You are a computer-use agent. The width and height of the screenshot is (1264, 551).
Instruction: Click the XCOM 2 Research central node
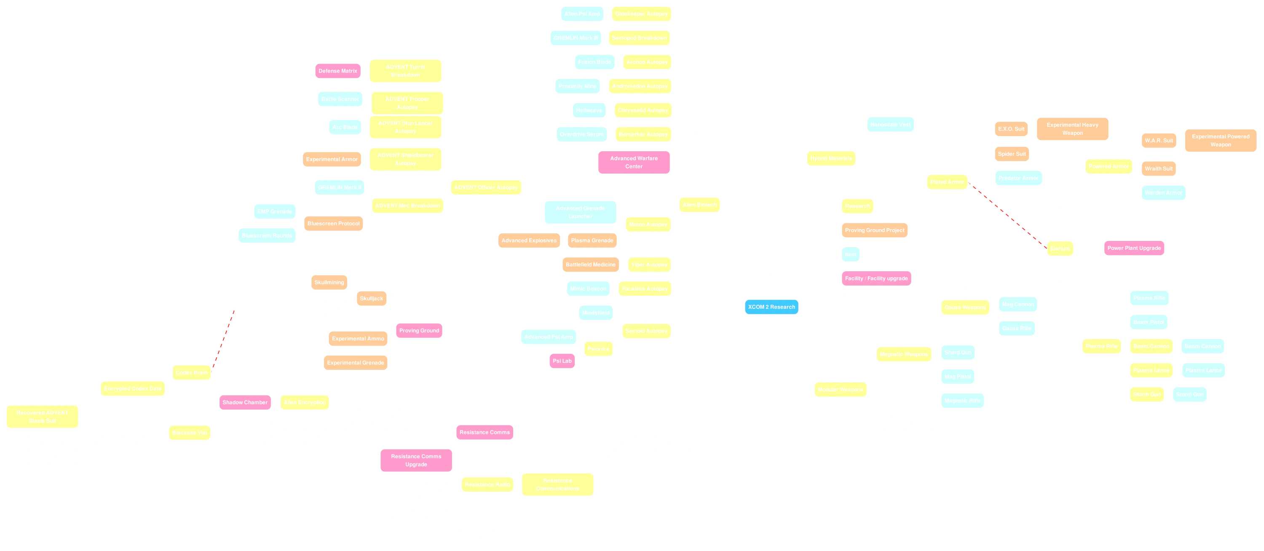coord(771,307)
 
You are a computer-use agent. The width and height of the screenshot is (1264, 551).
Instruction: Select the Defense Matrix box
coord(337,71)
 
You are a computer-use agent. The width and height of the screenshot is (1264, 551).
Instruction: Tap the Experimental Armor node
coord(332,160)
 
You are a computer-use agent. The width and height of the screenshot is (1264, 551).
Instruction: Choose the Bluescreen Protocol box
coord(334,224)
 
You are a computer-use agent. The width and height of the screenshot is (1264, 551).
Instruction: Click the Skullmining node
coord(329,283)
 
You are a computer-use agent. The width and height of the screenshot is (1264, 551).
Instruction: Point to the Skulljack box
coord(372,299)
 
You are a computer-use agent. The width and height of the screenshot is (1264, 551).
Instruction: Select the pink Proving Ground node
coord(419,331)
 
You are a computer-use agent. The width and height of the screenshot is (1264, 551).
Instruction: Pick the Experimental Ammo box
coord(358,339)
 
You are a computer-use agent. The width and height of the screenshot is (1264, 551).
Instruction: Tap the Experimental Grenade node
coord(355,363)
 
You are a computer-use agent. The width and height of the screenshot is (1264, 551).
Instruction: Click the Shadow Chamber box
coord(245,402)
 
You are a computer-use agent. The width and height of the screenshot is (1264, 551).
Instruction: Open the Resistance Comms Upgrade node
coord(416,460)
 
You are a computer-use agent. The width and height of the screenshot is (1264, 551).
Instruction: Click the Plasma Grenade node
coord(592,241)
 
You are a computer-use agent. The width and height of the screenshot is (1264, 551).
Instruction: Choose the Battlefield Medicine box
coord(590,265)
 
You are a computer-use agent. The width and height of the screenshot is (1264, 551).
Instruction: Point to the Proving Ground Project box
coord(874,230)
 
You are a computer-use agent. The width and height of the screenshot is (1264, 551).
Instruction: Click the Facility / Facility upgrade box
coord(876,279)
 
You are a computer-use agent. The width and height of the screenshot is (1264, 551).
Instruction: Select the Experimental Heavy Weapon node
coord(1072,129)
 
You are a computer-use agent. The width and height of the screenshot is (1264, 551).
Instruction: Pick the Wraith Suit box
coord(1159,169)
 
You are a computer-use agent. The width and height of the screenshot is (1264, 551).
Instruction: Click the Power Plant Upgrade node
coord(1134,248)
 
